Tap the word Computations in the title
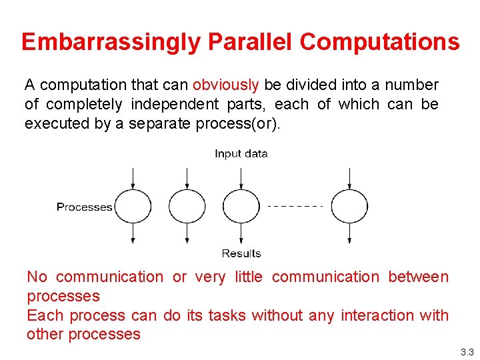379,42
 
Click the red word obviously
225,85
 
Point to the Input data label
241,154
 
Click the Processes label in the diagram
84,207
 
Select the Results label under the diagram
241,253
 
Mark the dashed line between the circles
295,206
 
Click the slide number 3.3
466,352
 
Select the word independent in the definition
174,105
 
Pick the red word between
418,277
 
